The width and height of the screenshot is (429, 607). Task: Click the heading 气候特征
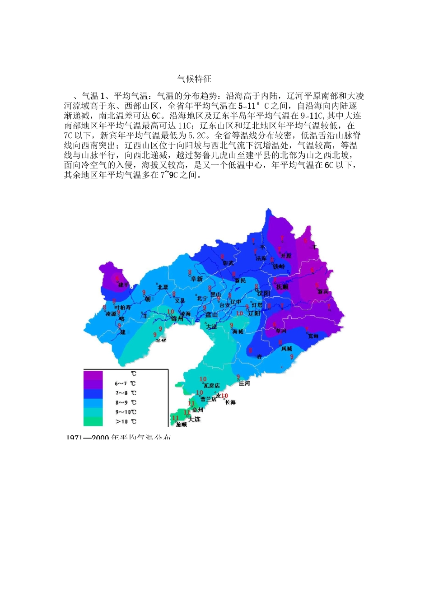194,79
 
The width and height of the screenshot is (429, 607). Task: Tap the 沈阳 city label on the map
264,294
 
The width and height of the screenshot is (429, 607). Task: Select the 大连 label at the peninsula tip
194,419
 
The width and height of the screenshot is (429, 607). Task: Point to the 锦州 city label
177,318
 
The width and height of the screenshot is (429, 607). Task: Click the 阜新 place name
197,279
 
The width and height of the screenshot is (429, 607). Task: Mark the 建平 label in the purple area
124,285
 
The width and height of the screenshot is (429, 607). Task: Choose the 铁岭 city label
279,266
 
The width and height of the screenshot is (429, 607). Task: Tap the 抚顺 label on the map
282,287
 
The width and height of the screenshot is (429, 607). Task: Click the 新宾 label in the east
323,292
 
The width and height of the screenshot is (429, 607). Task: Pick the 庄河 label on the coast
244,383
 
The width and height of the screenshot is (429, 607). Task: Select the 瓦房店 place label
211,386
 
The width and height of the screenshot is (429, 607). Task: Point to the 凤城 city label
287,349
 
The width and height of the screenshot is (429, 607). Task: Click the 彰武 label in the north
228,263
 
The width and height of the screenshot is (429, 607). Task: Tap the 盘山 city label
211,314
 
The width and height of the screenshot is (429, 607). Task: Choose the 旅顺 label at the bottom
181,425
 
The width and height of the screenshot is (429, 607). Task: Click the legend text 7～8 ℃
126,393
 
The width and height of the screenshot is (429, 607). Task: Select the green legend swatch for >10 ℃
93,421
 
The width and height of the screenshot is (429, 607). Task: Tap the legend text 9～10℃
126,412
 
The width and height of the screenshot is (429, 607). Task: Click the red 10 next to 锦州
171,312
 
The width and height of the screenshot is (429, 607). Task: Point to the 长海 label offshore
230,402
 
